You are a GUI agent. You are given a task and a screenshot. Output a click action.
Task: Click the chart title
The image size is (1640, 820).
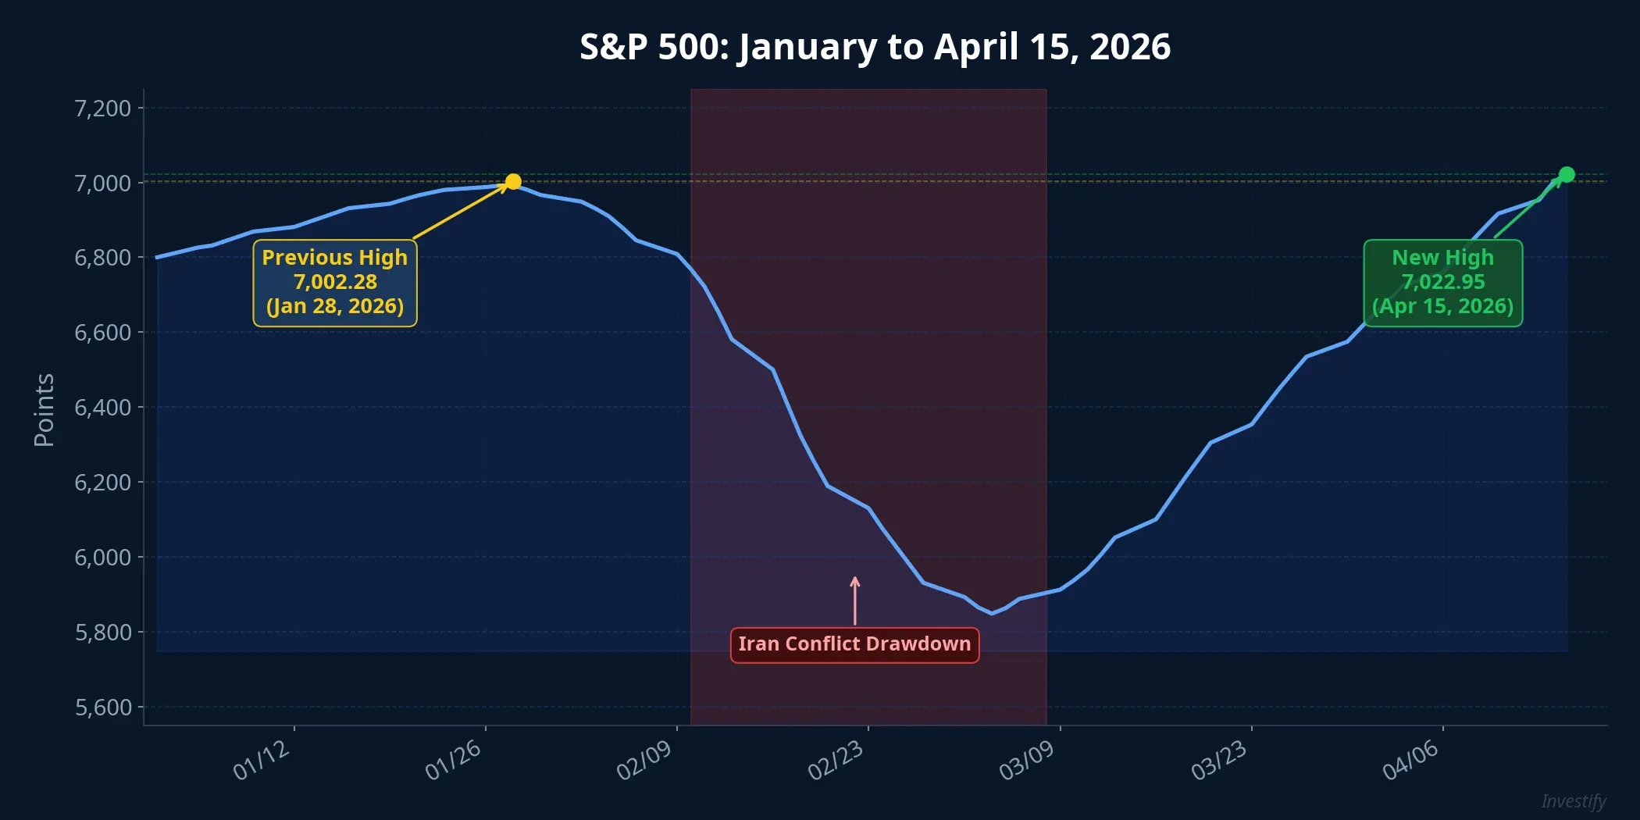point(875,47)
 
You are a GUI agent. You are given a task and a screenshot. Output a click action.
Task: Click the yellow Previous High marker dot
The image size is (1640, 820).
point(513,182)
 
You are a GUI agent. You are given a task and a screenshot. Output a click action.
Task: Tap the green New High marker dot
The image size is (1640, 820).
point(1567,174)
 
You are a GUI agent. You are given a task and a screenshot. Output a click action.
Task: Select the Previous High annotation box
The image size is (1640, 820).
point(335,283)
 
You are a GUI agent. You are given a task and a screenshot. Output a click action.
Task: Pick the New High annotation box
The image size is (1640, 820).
point(1442,283)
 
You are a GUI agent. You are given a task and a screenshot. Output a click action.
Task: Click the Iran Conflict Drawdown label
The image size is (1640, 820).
point(854,644)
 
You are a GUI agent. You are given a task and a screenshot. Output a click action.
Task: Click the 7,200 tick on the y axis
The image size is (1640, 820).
point(102,108)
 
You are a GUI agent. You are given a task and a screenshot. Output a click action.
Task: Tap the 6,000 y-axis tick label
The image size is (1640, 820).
point(102,558)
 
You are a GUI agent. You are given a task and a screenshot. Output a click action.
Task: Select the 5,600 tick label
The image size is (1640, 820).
point(102,708)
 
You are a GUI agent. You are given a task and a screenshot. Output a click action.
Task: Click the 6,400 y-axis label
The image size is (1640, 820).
point(102,408)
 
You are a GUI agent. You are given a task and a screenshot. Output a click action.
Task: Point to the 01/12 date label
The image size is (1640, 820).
point(262,760)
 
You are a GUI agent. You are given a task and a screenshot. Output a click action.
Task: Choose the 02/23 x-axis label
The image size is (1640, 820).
point(836,760)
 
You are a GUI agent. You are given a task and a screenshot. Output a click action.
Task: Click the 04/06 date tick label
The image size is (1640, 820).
point(1410,760)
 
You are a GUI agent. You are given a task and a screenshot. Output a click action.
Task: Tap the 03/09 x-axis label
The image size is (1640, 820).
point(1027,760)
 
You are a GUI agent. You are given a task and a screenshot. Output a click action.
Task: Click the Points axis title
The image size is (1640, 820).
point(45,409)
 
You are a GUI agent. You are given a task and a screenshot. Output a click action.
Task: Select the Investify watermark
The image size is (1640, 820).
point(1573,801)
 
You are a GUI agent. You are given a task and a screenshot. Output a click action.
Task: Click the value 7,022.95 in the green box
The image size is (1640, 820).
point(1442,282)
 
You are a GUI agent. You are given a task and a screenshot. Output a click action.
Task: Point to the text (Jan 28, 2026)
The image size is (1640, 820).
point(335,306)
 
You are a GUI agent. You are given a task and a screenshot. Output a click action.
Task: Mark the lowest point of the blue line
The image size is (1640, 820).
point(992,614)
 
